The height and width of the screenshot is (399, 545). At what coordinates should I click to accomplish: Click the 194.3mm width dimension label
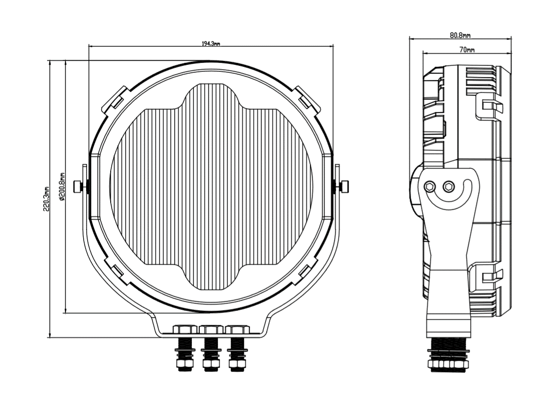[x=211, y=44]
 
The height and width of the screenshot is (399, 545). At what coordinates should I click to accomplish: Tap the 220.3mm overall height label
[x=47, y=199]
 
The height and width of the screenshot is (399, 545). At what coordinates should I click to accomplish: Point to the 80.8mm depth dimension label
[x=460, y=35]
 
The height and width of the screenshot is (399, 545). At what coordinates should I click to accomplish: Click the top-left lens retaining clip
[x=114, y=99]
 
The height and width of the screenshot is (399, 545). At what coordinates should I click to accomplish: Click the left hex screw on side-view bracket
[x=431, y=186]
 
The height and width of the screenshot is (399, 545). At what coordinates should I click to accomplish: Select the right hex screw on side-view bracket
[x=449, y=186]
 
